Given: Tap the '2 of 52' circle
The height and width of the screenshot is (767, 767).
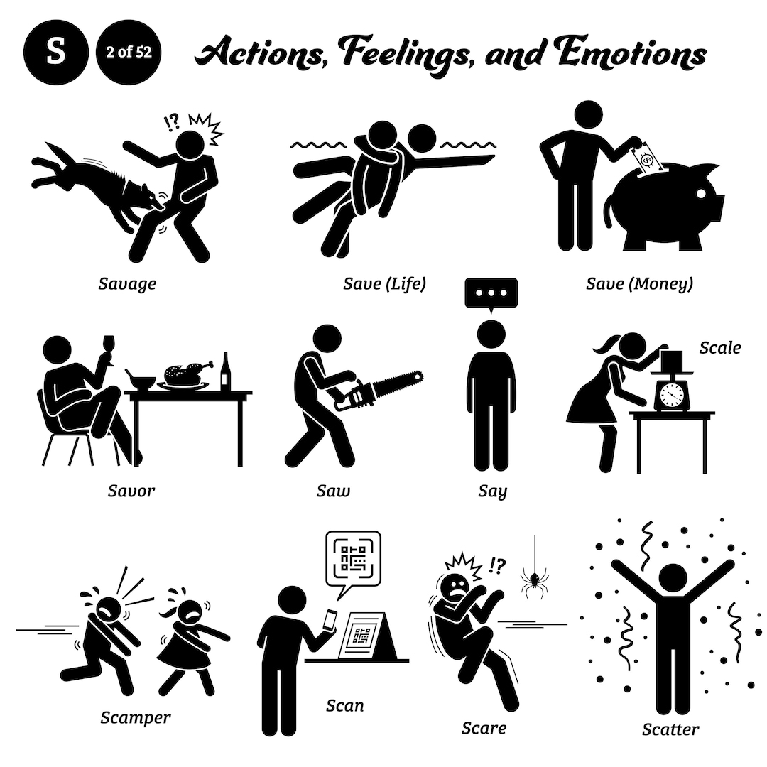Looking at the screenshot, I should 129,53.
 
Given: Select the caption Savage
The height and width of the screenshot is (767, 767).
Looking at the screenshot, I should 127,284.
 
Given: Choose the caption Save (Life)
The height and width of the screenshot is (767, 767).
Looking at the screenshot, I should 384,284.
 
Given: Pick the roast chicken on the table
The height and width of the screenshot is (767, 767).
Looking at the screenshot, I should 186,373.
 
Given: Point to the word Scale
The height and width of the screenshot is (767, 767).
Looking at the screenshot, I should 719,348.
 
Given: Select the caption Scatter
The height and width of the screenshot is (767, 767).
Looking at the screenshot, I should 670,729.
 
